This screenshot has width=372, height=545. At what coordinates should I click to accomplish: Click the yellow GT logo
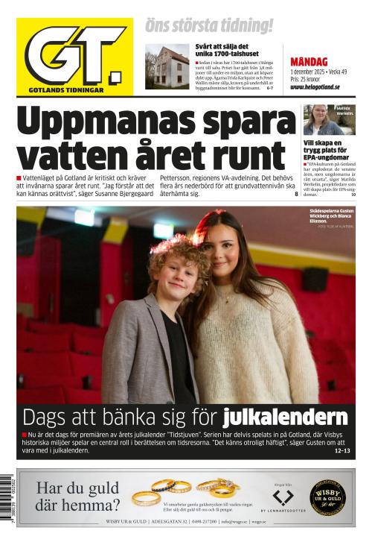click(x=74, y=57)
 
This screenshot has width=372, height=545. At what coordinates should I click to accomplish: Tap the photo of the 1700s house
click(x=167, y=67)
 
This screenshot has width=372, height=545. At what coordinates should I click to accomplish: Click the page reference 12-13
click(x=342, y=450)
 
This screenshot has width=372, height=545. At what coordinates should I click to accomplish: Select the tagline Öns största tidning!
click(x=209, y=26)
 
